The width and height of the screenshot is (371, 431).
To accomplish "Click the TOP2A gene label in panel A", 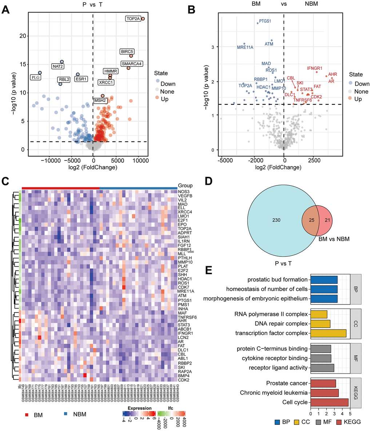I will tap(132, 18).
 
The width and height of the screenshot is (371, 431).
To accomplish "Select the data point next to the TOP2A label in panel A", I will tap(143, 19).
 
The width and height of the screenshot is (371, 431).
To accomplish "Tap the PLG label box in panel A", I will tap(35, 77).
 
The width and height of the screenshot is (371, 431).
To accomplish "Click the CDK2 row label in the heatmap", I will tap(183, 380).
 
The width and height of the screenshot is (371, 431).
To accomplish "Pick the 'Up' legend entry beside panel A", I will tap(165, 99).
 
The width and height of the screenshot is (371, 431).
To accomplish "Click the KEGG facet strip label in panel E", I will tap(355, 392).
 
